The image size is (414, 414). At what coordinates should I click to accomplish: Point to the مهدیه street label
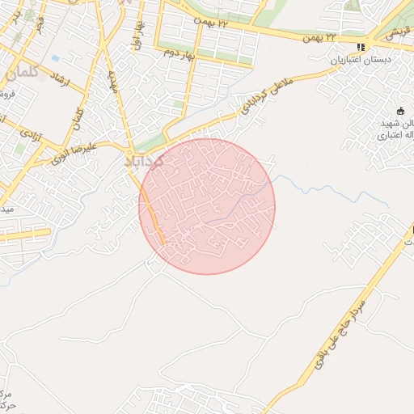pyautogui.click(x=114, y=82)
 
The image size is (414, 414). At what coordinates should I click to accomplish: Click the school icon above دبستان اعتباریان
pyautogui.click(x=360, y=47)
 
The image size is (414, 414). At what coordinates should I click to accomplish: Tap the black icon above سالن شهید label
pyautogui.click(x=400, y=111)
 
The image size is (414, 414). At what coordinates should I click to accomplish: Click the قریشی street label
pyautogui.click(x=396, y=34)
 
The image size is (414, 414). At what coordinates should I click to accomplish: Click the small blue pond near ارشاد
pyautogui.click(x=55, y=58)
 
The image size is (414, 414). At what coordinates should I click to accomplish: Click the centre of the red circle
pyautogui.click(x=207, y=206)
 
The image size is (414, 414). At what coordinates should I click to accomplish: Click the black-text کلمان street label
pyautogui.click(x=78, y=120)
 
